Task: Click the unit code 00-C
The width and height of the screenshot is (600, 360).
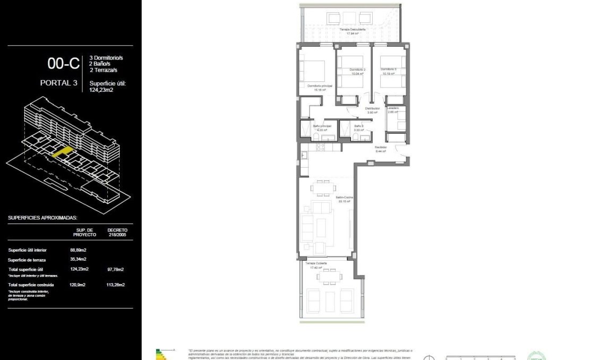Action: tap(63, 64)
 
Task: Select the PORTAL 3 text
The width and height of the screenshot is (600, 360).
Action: tap(58, 83)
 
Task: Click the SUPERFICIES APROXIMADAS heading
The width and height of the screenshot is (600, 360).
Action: tap(43, 218)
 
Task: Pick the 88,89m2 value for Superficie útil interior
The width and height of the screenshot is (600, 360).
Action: tap(78, 250)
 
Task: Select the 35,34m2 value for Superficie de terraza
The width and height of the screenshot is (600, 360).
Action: tap(78, 259)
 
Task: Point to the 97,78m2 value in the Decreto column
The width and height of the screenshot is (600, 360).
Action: tap(115, 269)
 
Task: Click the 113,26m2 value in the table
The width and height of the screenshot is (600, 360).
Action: tap(115, 285)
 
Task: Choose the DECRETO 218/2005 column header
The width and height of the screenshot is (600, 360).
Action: tap(117, 232)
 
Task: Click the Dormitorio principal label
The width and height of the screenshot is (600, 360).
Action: tap(319, 86)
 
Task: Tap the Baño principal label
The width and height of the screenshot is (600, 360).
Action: tap(322, 126)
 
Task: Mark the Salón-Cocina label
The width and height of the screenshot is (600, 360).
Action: tap(344, 198)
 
